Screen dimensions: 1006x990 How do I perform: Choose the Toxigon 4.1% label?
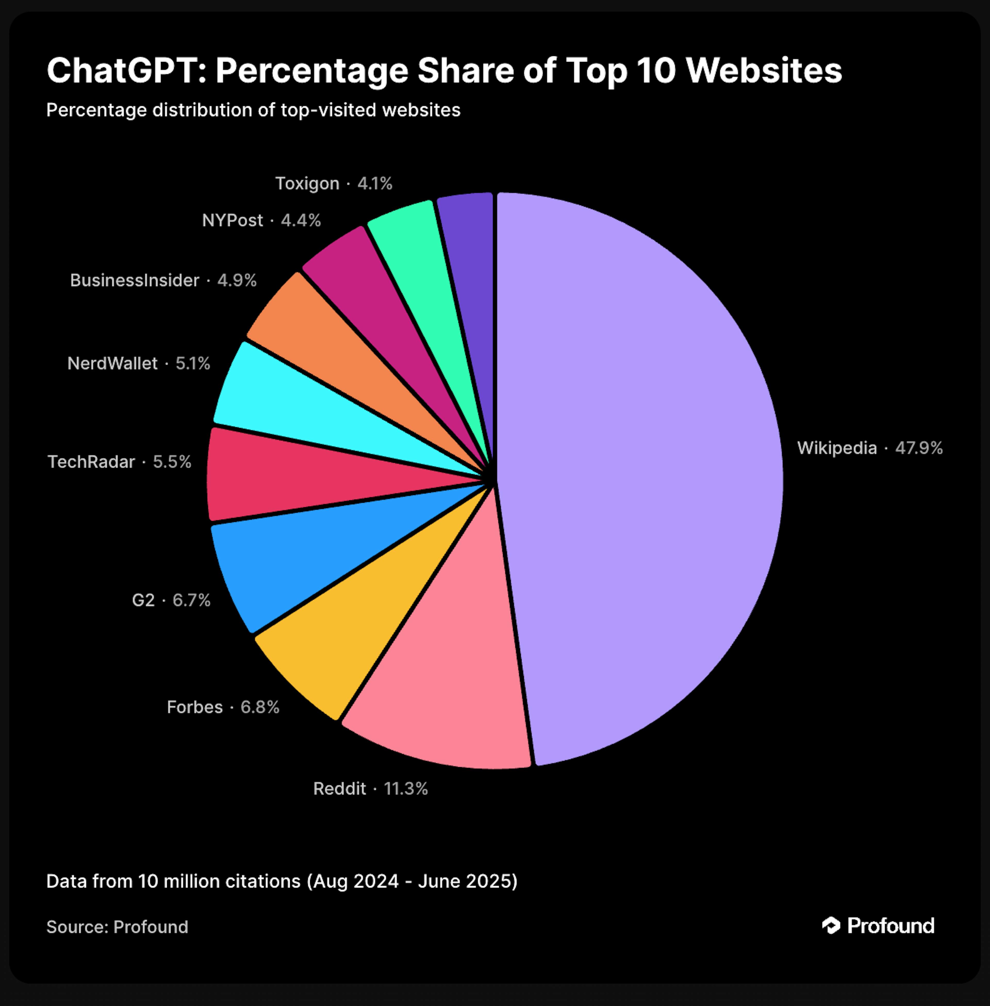pyautogui.click(x=333, y=184)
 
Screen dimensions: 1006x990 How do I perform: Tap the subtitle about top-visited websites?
pyautogui.click(x=253, y=110)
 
